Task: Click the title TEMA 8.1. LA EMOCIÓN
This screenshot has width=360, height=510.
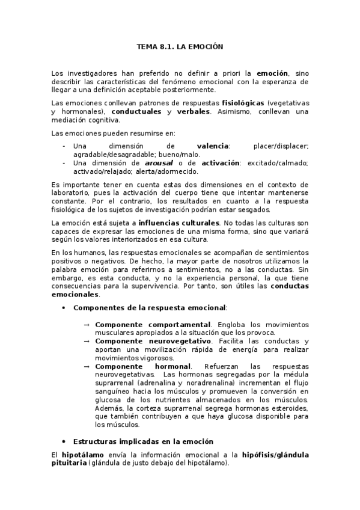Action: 180,46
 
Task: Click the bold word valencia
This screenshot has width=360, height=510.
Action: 213,146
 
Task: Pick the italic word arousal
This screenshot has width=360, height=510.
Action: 159,163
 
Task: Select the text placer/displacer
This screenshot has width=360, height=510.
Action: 281,146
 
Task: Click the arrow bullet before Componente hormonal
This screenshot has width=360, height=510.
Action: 87,366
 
